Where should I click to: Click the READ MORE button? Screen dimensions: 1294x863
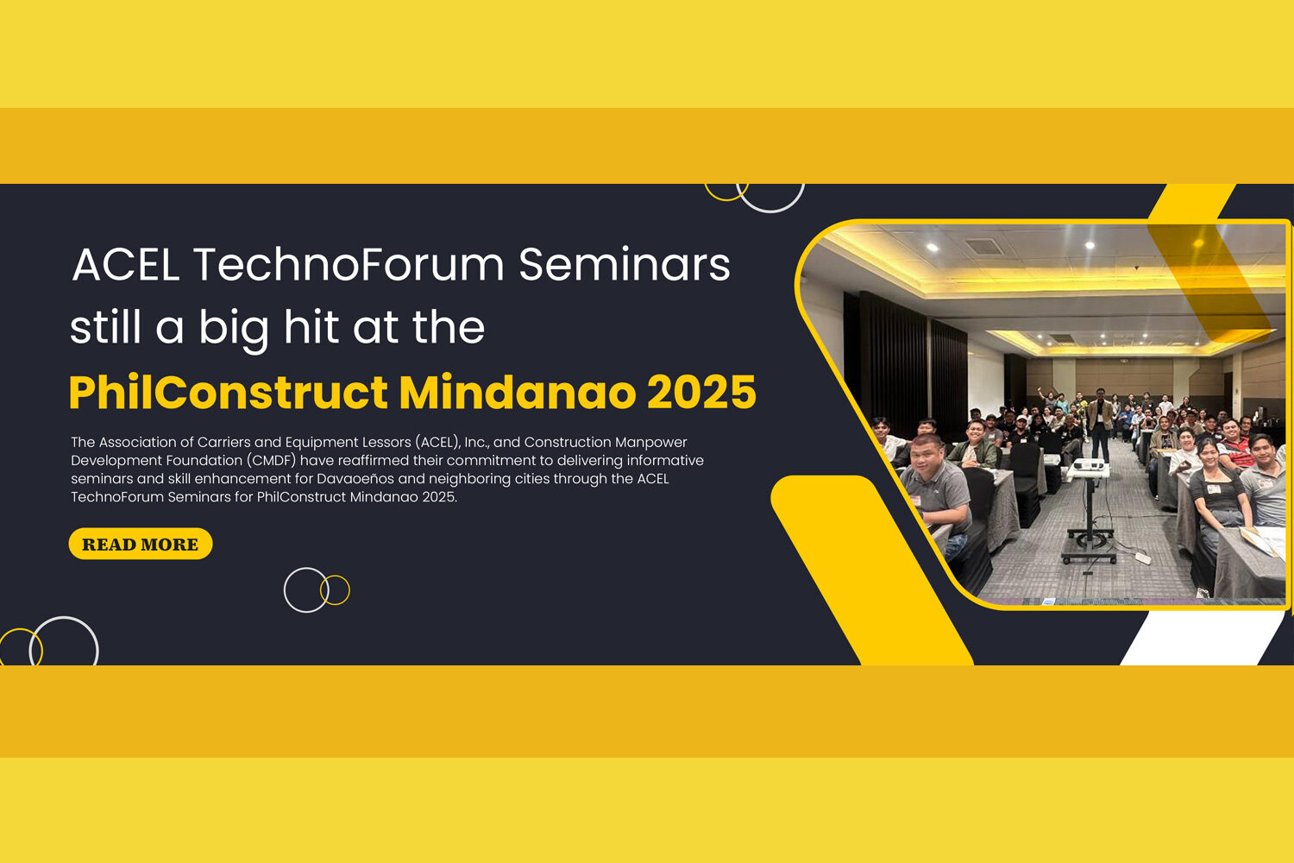pyautogui.click(x=141, y=544)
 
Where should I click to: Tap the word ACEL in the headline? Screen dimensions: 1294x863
pyautogui.click(x=125, y=265)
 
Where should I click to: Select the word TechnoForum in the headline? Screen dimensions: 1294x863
pyautogui.click(x=349, y=265)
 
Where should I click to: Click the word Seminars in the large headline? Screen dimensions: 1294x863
pyautogui.click(x=625, y=265)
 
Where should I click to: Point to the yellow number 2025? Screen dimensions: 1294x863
pyautogui.click(x=701, y=392)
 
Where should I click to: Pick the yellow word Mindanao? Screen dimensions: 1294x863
pyautogui.click(x=518, y=392)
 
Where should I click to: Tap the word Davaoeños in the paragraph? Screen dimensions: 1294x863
pyautogui.click(x=355, y=479)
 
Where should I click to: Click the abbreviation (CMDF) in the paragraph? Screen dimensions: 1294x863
pyautogui.click(x=272, y=461)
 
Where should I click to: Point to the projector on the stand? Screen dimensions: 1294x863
pyautogui.click(x=1089, y=466)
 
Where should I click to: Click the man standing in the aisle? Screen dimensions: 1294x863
pyautogui.click(x=1099, y=424)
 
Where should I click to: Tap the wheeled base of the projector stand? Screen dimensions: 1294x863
pyautogui.click(x=1089, y=548)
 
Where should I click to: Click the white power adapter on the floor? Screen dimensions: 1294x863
pyautogui.click(x=1143, y=557)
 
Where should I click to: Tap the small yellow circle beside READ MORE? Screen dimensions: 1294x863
pyautogui.click(x=335, y=590)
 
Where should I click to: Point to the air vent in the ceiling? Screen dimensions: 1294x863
pyautogui.click(x=985, y=247)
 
